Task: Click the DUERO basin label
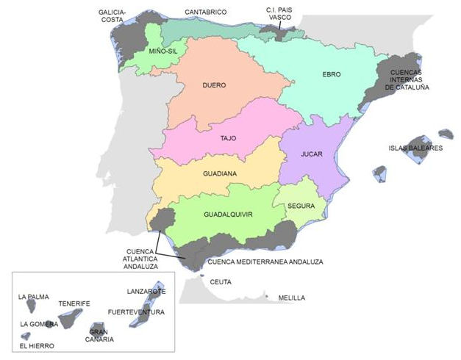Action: point(214,85)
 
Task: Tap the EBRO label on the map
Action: point(332,74)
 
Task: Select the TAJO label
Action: point(228,138)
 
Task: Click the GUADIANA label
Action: point(219,174)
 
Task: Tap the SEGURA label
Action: point(301,206)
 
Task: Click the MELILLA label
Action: point(291,298)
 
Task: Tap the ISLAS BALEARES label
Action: point(415,148)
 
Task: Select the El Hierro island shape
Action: point(26,336)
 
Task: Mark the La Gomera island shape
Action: point(49,323)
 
